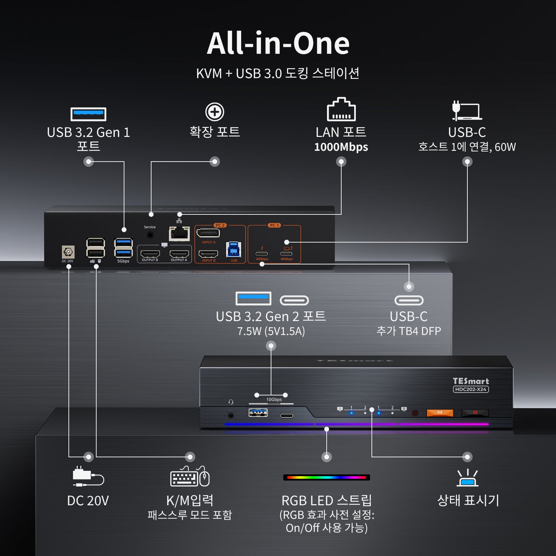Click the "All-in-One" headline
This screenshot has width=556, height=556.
pos(278,44)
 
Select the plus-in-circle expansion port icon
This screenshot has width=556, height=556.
pos(215,112)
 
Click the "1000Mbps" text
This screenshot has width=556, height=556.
pos(341,147)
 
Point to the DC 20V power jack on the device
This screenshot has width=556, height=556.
pos(68,252)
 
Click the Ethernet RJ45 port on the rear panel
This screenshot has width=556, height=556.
pos(179,234)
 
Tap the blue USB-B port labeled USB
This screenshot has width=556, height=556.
pos(234,250)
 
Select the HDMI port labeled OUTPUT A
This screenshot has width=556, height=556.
pos(179,254)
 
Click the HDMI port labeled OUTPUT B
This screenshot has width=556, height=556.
pos(150,254)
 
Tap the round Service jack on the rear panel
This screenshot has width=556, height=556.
pos(150,235)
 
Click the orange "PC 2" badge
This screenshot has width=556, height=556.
pos(220,225)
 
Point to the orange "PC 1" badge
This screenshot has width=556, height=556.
pos(274,225)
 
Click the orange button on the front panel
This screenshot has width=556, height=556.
pos(440,413)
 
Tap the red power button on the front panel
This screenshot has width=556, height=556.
pos(475,413)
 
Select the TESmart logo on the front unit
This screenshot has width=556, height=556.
pos(471,381)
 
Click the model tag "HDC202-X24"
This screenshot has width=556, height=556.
pos(471,389)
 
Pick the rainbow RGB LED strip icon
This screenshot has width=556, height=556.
pos(326,477)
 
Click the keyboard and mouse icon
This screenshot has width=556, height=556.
pos(190,477)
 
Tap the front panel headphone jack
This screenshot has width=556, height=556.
pos(230,415)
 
